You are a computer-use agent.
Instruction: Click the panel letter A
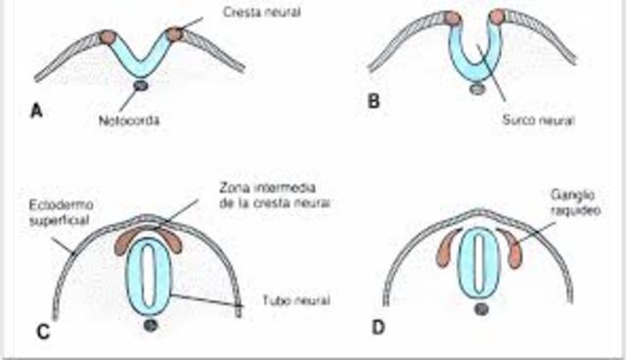coord(36,110)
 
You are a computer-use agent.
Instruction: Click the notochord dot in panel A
coord(140,87)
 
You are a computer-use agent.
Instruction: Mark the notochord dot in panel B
coord(476,88)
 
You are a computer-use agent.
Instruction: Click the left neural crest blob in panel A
coord(106,37)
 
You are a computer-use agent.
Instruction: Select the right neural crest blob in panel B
coord(497,17)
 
